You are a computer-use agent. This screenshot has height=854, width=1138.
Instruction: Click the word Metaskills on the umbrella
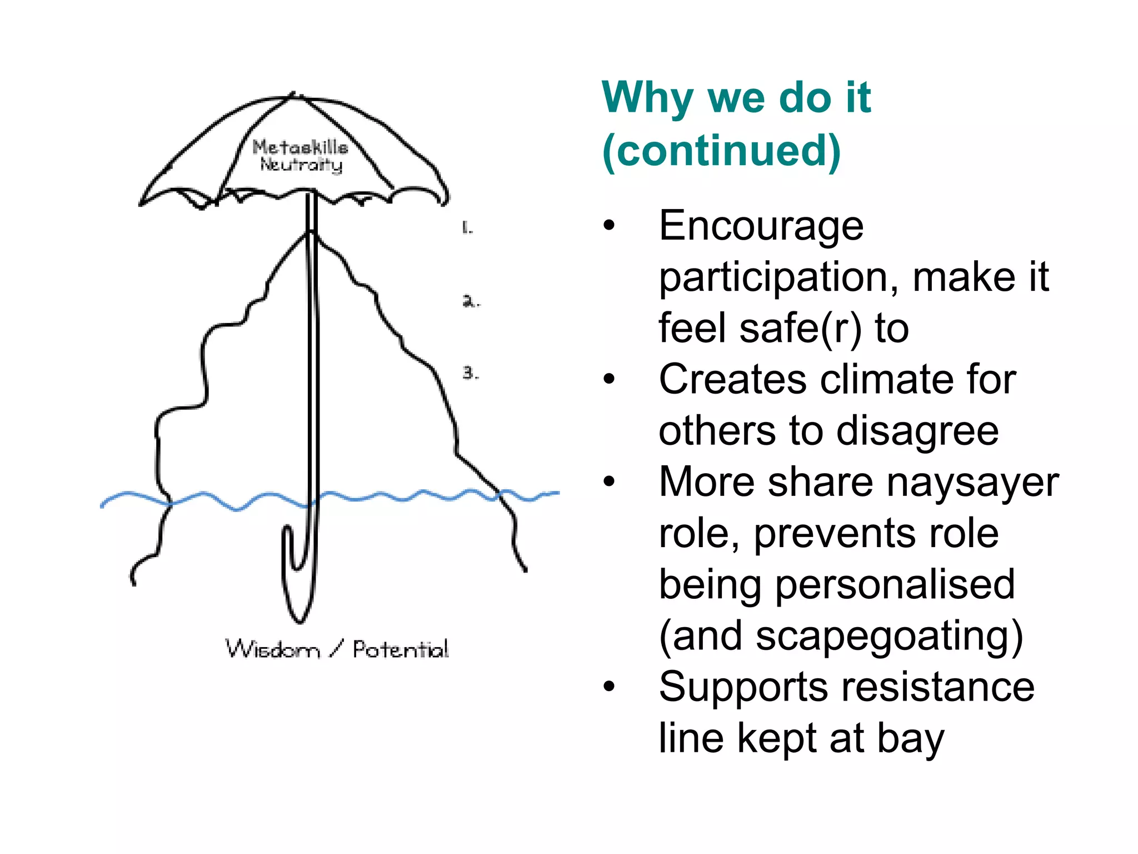[x=300, y=147]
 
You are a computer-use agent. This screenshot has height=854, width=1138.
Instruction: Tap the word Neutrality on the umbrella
[x=301, y=165]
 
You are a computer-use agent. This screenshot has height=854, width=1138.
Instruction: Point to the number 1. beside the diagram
[x=467, y=227]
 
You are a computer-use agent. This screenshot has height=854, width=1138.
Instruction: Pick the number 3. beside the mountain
[x=470, y=373]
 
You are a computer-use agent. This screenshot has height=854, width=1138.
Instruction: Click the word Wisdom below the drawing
[x=273, y=649]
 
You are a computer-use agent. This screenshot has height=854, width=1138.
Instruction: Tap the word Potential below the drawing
[x=401, y=649]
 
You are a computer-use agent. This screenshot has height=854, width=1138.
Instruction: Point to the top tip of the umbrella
[x=293, y=95]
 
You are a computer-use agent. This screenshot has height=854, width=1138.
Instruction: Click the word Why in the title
[x=647, y=99]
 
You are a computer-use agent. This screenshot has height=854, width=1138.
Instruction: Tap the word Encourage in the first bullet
[x=761, y=226]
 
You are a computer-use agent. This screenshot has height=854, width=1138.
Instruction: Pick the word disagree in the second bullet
[x=917, y=431]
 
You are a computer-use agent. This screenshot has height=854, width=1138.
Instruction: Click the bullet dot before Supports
[x=610, y=687]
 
